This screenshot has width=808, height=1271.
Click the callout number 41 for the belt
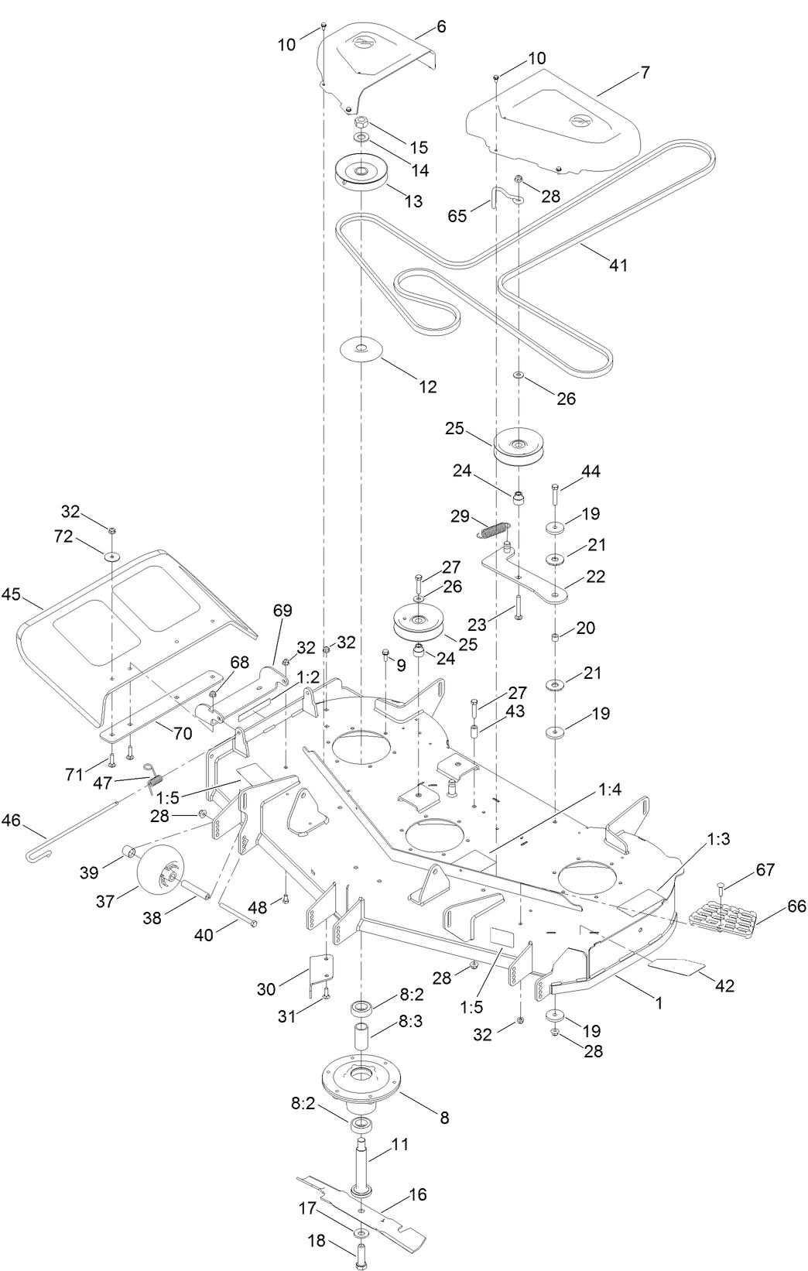coord(618,265)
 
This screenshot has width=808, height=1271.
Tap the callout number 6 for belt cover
coord(441,26)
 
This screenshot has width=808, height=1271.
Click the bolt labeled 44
coord(554,494)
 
